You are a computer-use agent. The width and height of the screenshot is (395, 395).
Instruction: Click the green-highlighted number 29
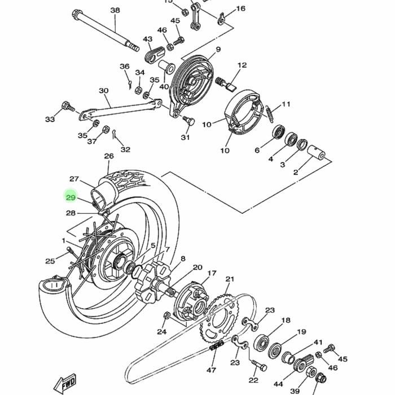71,197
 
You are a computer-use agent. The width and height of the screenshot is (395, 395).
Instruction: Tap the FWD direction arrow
65,384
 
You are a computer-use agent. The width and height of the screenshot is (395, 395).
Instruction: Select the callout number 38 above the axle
115,10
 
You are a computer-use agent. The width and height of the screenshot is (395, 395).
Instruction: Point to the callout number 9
218,49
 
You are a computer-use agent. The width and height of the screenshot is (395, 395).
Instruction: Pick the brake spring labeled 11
269,114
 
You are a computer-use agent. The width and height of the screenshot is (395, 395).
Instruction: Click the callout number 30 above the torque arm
103,91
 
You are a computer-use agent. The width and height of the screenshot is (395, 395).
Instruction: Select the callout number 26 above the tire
109,156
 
